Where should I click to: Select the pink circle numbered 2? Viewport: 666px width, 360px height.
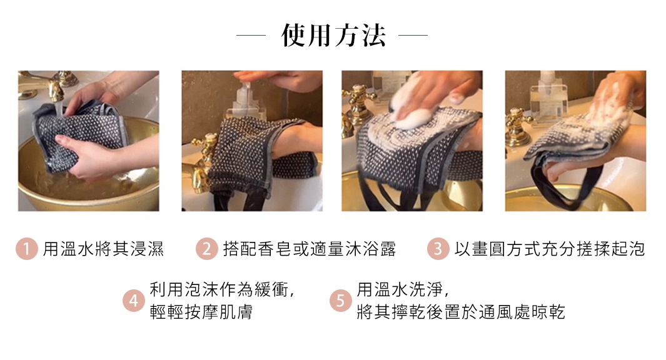[x=206, y=249]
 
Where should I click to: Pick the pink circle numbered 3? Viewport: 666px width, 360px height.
[x=438, y=249]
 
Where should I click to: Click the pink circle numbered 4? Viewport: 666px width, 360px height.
[x=133, y=301]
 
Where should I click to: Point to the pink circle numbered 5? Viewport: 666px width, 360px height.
[x=340, y=301]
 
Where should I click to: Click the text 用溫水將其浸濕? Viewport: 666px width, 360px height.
[x=103, y=249]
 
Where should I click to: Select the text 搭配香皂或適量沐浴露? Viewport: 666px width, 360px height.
[x=310, y=249]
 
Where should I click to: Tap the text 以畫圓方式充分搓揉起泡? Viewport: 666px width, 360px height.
[x=549, y=249]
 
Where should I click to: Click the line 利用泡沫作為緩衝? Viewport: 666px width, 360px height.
[x=221, y=289]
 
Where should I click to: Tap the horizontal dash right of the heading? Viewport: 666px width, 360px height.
[x=413, y=36]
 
